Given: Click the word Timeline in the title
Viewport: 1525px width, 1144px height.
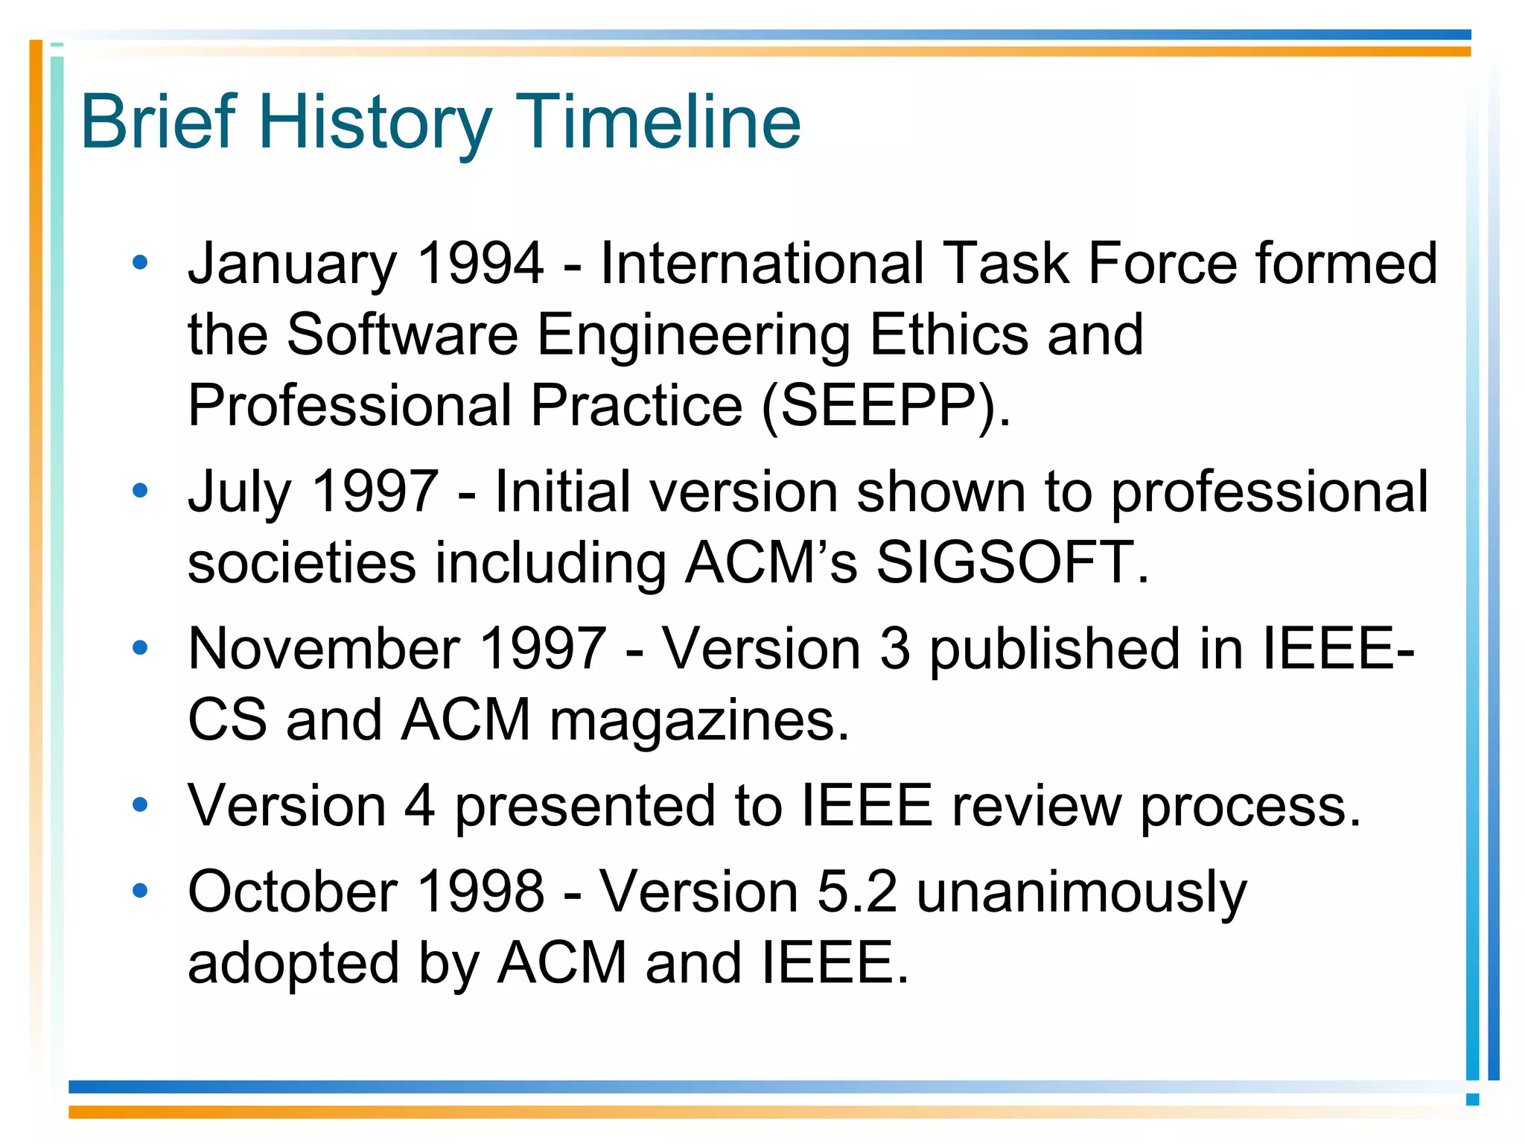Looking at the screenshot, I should (658, 122).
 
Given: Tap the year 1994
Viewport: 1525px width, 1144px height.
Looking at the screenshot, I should (480, 264).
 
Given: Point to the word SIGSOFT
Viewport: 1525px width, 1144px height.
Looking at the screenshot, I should (1005, 562).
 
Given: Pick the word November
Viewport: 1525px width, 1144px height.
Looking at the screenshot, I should (323, 649).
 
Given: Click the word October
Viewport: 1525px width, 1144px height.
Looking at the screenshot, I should (293, 892).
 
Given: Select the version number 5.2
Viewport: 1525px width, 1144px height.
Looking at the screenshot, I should (857, 892).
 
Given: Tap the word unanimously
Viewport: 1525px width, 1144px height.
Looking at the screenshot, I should (1081, 893).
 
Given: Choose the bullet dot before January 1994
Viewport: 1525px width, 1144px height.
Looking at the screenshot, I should (140, 262).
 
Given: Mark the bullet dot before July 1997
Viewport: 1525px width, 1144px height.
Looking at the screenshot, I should (140, 490).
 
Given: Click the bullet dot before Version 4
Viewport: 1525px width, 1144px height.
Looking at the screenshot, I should (140, 804).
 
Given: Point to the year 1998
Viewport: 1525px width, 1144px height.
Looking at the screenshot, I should (480, 892).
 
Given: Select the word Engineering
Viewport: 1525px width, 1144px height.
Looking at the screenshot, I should (693, 335).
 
